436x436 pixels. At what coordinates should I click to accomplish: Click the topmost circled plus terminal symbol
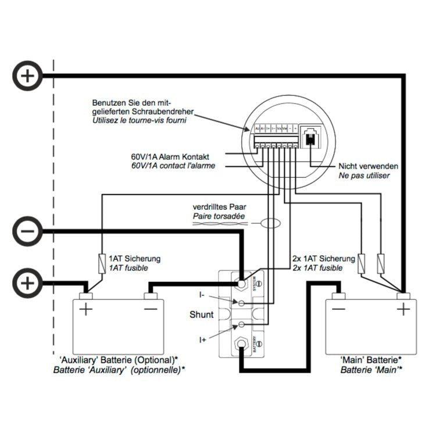[26, 75]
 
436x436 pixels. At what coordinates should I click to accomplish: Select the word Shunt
[202, 315]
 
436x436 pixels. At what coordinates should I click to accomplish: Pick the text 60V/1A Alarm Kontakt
[170, 157]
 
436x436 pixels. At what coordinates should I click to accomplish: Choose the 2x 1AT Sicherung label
[323, 259]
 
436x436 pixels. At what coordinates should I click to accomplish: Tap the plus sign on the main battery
[403, 309]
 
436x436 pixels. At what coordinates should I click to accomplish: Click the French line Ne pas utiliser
[364, 175]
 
